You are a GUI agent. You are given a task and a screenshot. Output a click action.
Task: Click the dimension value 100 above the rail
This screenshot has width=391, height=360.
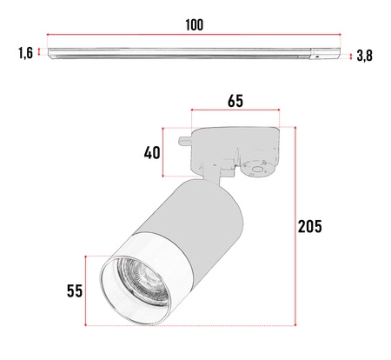[x=194, y=24]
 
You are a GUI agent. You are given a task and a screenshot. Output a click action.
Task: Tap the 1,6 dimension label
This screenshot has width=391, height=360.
[x=25, y=54]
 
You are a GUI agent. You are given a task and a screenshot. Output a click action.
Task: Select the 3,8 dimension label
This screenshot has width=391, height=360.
[x=365, y=57]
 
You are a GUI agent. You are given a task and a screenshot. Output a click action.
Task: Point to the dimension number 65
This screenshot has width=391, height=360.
[x=235, y=101]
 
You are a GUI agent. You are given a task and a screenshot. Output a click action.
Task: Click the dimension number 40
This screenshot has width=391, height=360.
[x=153, y=153]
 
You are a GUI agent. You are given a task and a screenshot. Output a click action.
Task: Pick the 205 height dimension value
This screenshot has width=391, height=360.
[x=309, y=227]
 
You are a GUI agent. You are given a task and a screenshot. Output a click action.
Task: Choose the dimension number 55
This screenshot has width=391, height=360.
[x=72, y=290]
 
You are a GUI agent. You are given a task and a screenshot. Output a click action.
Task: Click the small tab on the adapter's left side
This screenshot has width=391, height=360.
[x=184, y=137]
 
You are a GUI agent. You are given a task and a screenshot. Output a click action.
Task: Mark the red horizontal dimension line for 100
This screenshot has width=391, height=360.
[x=194, y=37]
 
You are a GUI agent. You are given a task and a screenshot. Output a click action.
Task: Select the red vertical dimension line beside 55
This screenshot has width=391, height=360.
[x=85, y=290]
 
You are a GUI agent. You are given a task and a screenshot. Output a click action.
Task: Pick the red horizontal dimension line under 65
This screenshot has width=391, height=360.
[x=235, y=111]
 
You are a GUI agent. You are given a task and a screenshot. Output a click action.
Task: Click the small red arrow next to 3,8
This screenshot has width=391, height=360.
[x=350, y=57]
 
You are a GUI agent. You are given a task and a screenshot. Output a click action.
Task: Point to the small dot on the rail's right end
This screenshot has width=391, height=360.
[x=319, y=55]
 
